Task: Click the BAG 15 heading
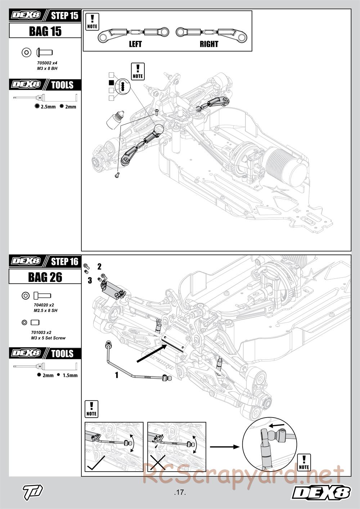45,31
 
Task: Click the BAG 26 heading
45,277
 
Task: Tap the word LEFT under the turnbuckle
135,44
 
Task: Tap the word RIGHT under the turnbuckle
209,44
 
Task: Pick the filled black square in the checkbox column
112,82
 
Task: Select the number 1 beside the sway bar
116,375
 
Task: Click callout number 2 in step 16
99,267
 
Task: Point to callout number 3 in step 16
90,280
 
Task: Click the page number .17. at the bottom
180,492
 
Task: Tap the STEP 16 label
64,262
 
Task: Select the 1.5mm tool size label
70,375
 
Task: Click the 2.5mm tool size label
48,107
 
